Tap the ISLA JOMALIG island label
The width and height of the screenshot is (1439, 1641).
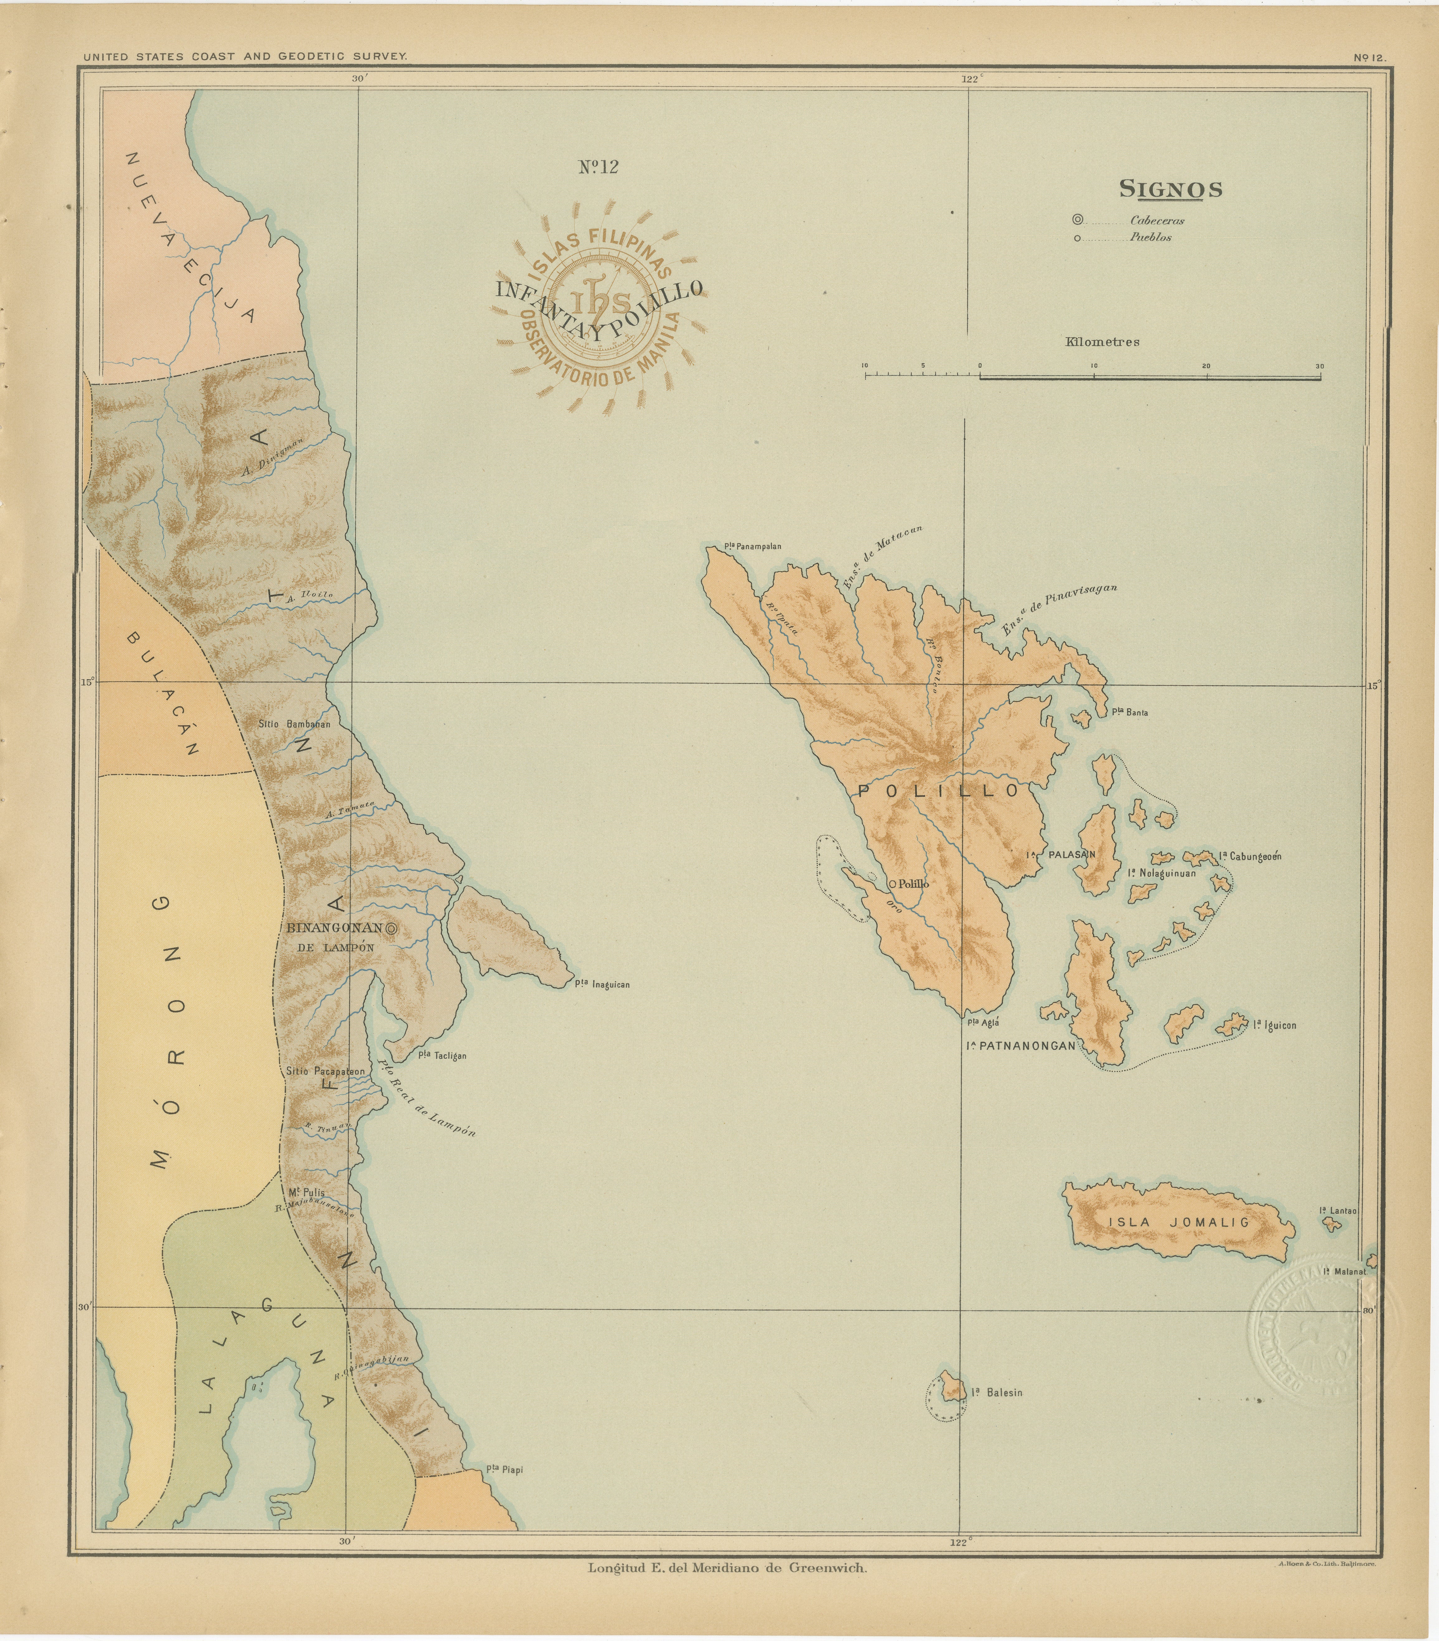point(1178,1223)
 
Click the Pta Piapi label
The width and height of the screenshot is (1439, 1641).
point(504,1470)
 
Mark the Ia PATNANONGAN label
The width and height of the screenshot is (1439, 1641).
point(1020,1046)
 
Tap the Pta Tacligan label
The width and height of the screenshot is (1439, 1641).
point(442,1056)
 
